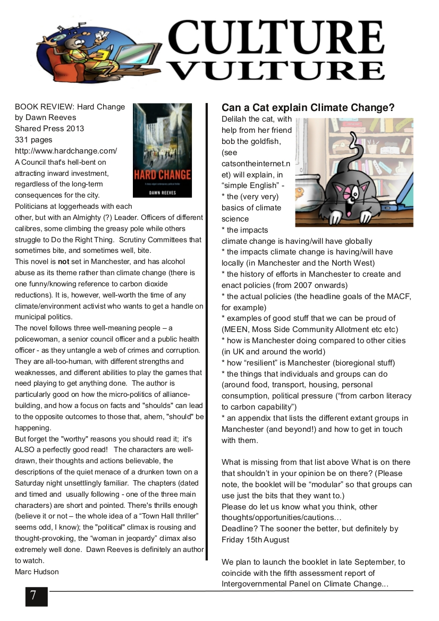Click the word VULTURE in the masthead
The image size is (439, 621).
[x=278, y=70]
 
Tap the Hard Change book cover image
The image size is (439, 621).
[x=162, y=150]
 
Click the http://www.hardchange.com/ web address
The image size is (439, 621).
[x=66, y=151]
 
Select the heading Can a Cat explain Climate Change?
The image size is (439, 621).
[x=308, y=108]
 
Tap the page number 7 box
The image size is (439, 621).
[x=36, y=596]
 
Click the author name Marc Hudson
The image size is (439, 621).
[x=37, y=572]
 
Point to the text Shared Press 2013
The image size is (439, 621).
[x=49, y=129]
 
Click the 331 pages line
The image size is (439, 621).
[x=33, y=140]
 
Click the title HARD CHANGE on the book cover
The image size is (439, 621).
[x=162, y=174]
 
